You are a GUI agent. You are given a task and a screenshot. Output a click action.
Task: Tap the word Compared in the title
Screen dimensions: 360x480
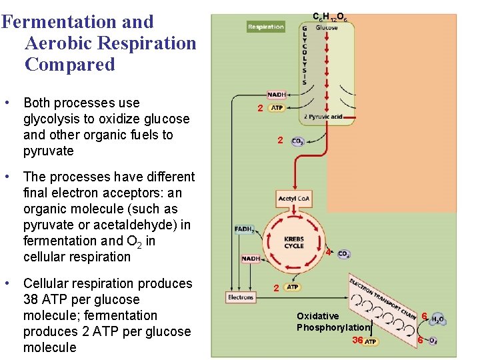pyautogui.click(x=70, y=65)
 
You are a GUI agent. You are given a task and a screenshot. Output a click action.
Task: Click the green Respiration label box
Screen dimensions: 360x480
pyautogui.click(x=265, y=27)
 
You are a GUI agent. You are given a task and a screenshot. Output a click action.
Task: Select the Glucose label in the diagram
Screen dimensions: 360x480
pyautogui.click(x=327, y=27)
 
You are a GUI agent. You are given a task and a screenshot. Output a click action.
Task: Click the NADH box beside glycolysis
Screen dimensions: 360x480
pyautogui.click(x=276, y=95)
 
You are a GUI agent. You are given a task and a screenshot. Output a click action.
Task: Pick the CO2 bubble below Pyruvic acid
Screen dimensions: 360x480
pyautogui.click(x=298, y=142)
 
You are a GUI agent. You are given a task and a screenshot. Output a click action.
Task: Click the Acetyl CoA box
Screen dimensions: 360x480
pyautogui.click(x=294, y=199)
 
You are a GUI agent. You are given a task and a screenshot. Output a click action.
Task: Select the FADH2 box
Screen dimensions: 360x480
pyautogui.click(x=244, y=229)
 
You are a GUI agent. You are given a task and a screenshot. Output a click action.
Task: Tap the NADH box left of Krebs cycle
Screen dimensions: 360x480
pyautogui.click(x=251, y=258)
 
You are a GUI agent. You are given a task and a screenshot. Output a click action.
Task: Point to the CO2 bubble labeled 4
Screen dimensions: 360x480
pyautogui.click(x=344, y=254)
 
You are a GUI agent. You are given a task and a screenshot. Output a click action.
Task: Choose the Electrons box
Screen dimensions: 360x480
pyautogui.click(x=240, y=297)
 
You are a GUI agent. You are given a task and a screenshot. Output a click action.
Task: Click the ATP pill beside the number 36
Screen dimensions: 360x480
pyautogui.click(x=371, y=341)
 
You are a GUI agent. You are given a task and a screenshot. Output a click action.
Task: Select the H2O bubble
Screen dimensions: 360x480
pyautogui.click(x=437, y=319)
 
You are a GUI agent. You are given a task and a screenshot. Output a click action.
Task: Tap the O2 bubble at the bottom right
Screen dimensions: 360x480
pyautogui.click(x=433, y=341)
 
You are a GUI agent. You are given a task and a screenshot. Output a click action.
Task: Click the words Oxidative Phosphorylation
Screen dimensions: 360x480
pyautogui.click(x=332, y=321)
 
